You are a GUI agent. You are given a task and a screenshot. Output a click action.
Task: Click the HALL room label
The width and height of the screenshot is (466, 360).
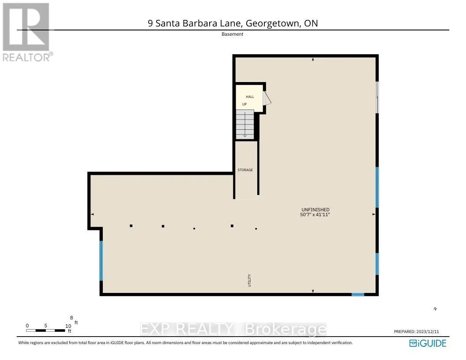point(250,97)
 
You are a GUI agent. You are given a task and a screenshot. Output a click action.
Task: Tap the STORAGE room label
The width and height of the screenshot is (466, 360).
point(245,170)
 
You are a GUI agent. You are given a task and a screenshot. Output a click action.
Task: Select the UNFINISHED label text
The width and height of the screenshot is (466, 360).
point(315,210)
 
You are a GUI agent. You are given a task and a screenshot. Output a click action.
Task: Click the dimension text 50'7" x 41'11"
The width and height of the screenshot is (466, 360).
point(315,214)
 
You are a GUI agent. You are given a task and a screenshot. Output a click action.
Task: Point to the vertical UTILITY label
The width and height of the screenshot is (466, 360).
point(249,281)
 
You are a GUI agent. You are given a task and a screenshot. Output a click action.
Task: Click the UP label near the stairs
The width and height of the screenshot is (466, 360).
point(244,105)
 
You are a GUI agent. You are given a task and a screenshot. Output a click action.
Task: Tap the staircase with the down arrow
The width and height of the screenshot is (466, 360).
point(244,125)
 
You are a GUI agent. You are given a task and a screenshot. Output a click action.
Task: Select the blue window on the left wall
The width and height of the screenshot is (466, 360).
point(101,260)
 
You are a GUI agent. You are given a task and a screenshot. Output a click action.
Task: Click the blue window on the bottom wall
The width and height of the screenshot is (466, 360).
point(357,294)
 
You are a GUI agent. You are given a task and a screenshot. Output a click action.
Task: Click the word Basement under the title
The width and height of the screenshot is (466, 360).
point(233,34)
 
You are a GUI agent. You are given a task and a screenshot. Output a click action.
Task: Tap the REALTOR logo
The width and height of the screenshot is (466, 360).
point(26,32)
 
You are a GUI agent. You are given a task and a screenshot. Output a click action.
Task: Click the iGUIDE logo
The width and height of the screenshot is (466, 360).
point(428,343)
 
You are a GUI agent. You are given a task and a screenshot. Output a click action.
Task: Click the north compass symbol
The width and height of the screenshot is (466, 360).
point(435,309)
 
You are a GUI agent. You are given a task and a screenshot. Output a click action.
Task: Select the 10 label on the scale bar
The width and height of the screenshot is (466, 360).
point(68,326)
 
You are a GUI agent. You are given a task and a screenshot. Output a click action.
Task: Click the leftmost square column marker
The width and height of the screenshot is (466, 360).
point(131,226)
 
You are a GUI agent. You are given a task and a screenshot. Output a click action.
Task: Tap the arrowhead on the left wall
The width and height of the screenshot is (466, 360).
point(93,214)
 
